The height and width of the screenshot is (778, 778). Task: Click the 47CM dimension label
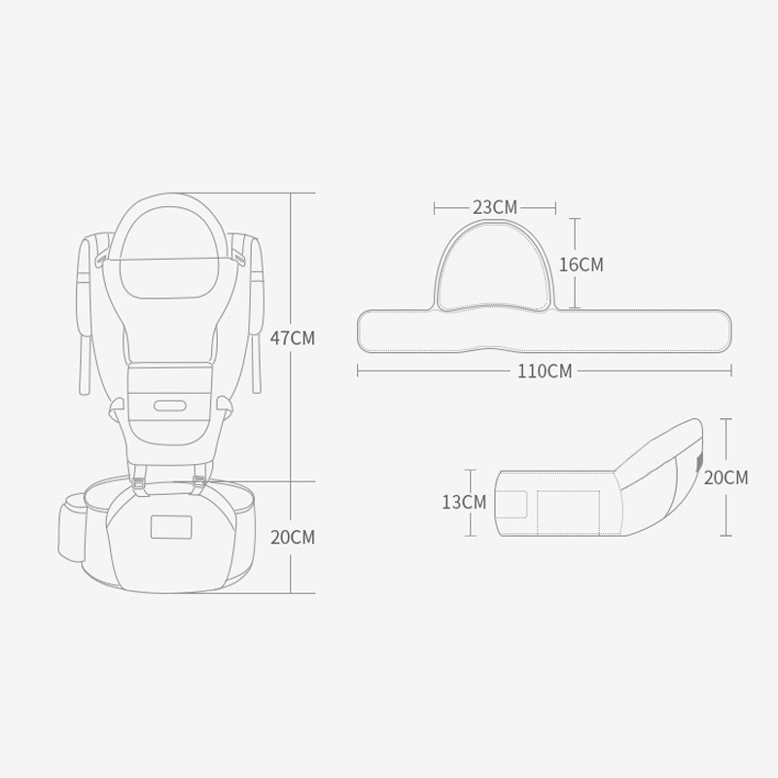(x=293, y=337)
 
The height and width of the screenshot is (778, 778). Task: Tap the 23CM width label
(x=495, y=207)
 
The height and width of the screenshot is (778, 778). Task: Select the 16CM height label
(x=581, y=265)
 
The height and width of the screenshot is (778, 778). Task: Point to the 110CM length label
(x=545, y=371)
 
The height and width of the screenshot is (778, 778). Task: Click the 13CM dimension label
(x=464, y=502)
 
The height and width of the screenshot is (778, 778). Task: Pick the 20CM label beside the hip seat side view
(x=725, y=477)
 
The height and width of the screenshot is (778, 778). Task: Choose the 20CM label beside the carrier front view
(x=293, y=538)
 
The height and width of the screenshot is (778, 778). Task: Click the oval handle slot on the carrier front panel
(x=169, y=406)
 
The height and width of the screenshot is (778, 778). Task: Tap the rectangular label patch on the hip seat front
(x=171, y=527)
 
